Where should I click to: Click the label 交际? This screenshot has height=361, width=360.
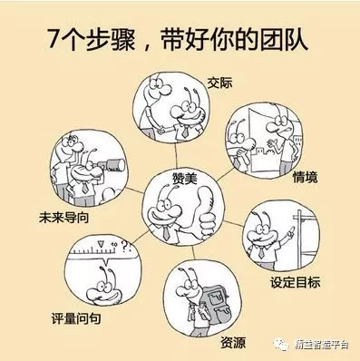219,83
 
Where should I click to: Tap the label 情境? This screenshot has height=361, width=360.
305,177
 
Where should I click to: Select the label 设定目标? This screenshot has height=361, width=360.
295,283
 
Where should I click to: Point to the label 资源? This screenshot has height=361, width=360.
233,343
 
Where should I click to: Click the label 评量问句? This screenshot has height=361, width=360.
75,318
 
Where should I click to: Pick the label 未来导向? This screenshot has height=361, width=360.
63,218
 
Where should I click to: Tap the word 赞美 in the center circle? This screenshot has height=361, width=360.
184,178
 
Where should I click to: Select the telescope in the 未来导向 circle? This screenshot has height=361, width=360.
112,165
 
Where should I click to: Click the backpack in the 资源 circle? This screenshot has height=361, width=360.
215,302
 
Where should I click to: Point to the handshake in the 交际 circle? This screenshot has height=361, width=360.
161,131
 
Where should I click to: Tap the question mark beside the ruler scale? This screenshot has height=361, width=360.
124,247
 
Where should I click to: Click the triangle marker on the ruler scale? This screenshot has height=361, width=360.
101,244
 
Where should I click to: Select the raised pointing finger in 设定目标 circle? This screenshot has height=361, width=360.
291,230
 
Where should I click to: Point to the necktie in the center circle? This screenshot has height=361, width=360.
166,233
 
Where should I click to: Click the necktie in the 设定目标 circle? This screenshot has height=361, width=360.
261,251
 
